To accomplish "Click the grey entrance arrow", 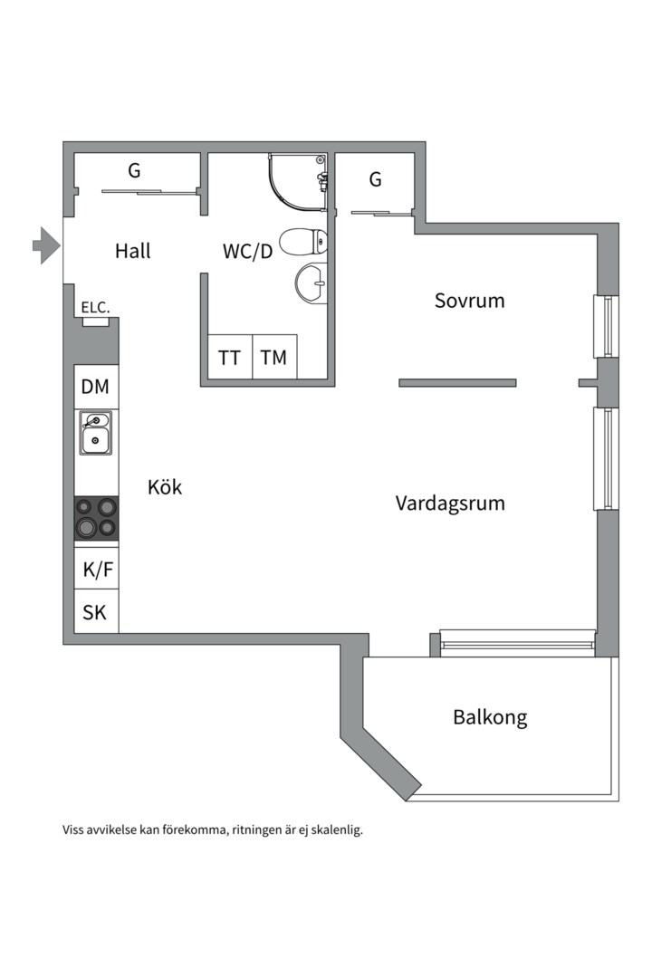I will [x=45, y=245].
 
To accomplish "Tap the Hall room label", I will [x=133, y=251].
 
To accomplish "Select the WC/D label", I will [x=247, y=252].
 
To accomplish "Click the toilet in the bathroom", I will [x=302, y=242].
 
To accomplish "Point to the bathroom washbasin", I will [x=311, y=283].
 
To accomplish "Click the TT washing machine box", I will [x=230, y=358].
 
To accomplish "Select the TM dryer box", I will [x=273, y=358].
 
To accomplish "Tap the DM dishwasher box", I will [x=95, y=387].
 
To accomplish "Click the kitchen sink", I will [x=95, y=432].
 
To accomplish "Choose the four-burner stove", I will [x=96, y=518].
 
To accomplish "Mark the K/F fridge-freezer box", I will [x=96, y=570].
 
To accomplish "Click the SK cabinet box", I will [x=95, y=613].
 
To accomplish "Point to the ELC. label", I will [x=95, y=308].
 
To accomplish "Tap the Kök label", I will [x=165, y=487].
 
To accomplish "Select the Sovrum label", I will [x=469, y=301].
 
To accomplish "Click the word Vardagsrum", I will [x=450, y=503].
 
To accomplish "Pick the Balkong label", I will [x=490, y=718].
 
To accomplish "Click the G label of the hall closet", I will [x=134, y=169].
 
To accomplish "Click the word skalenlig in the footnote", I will [x=335, y=829].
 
